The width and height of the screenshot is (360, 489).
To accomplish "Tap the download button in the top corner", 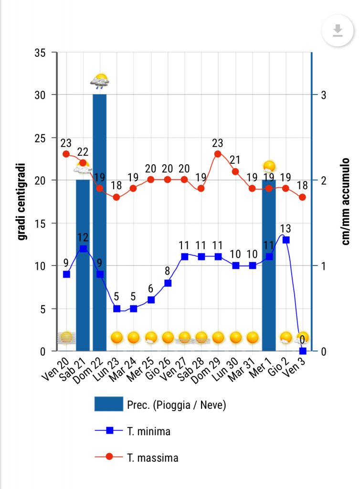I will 338,32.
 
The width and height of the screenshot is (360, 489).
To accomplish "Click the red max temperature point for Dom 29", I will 218,154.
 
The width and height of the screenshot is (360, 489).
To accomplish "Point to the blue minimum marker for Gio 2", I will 286,240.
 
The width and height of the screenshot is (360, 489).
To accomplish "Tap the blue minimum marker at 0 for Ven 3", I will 302,351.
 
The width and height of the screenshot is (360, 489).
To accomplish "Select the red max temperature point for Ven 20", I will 66,154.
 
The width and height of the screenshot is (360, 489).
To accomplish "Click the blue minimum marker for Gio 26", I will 168,283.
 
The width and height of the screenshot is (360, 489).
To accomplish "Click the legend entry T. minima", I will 148,431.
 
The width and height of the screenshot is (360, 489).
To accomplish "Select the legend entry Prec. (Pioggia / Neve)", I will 176,405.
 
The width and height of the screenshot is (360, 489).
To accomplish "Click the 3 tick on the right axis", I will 323,95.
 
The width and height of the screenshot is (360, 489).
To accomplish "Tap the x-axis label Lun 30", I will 230,369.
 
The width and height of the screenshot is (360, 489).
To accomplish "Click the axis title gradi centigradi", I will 22,202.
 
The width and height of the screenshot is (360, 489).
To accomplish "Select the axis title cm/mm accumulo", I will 347,202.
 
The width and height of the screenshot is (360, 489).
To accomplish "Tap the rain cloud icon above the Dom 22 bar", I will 100,81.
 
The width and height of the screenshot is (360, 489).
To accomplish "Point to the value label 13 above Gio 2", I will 286,228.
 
